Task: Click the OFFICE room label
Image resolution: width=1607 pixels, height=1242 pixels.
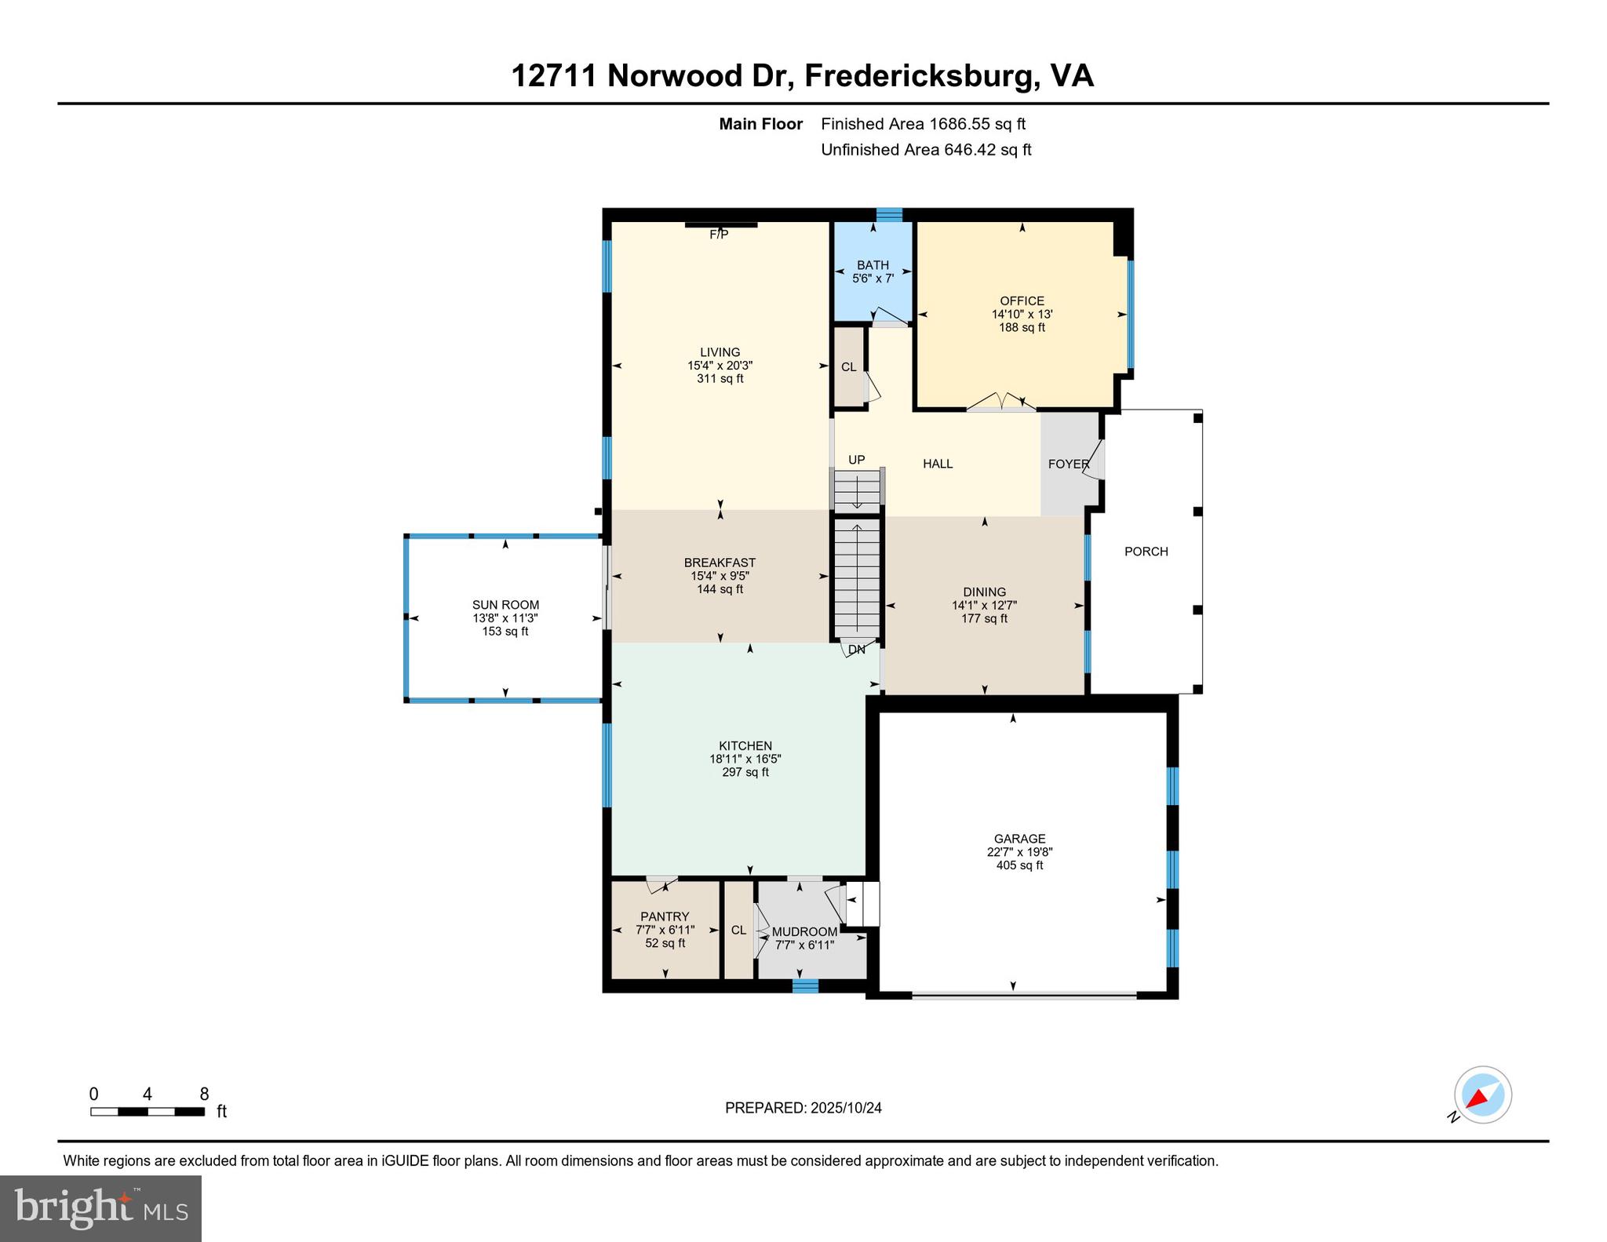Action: point(1022,300)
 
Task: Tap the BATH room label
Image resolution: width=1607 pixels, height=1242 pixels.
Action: point(873,265)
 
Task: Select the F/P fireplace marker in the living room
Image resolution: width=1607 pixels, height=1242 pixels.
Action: point(719,235)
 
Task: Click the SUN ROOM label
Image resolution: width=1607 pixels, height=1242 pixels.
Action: point(505,605)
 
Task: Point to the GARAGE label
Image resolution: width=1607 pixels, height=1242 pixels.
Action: point(1019,839)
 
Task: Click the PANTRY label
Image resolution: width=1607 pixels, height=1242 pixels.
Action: point(665,916)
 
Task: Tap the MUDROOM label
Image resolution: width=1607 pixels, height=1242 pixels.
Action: point(804,932)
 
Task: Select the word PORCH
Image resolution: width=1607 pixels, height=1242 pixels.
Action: point(1146,552)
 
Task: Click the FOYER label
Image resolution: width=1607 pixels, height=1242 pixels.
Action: point(1069,464)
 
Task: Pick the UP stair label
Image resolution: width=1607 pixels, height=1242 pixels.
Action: point(856,460)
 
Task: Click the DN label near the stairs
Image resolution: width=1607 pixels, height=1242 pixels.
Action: point(856,650)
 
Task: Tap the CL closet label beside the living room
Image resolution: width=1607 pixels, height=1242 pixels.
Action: point(848,367)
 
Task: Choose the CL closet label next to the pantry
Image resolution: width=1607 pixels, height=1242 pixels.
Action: point(738,930)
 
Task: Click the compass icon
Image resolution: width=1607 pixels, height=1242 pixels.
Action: point(1482,1095)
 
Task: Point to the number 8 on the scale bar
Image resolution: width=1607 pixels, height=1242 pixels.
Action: point(204,1094)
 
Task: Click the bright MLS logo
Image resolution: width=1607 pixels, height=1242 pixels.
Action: point(100,1207)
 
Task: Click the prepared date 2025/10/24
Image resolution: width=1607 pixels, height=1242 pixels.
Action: point(846,1108)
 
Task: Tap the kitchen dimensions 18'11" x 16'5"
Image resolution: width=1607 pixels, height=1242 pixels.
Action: point(745,759)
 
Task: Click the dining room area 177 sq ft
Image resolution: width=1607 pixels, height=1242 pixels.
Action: point(984,618)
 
